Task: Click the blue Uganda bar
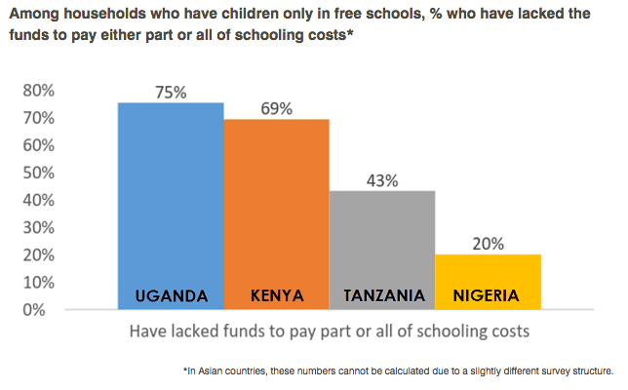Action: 171,195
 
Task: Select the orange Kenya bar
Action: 277,205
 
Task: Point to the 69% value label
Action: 277,108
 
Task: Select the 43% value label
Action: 382,180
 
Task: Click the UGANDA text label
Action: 171,294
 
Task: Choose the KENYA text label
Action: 277,294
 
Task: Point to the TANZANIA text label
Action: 382,294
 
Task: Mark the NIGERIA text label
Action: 488,294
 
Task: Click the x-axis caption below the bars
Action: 330,331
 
